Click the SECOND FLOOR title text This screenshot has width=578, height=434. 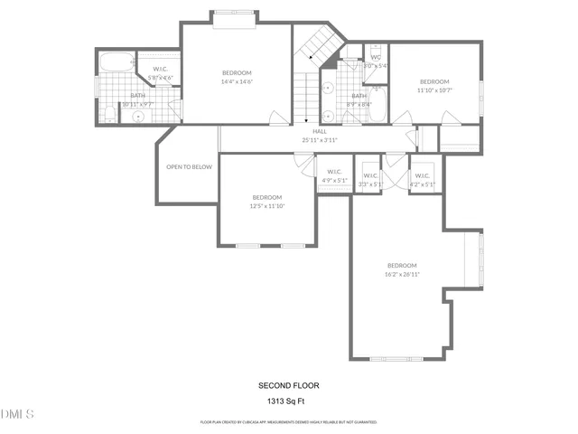[x=289, y=385]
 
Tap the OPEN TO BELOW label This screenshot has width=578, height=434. [x=189, y=167]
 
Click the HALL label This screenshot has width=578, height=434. [x=320, y=132]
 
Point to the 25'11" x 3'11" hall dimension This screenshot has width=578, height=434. [x=320, y=140]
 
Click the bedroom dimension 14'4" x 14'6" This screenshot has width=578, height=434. [x=237, y=81]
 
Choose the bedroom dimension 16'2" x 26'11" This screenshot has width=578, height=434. [x=402, y=274]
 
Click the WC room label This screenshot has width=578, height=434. [x=376, y=57]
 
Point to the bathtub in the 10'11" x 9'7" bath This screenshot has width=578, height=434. [x=116, y=62]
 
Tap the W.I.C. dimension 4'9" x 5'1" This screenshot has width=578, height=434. [x=334, y=180]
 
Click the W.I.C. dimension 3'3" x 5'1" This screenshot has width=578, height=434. [x=370, y=184]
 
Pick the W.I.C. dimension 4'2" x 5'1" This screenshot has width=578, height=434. [x=423, y=184]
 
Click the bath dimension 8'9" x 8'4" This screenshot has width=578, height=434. [x=359, y=104]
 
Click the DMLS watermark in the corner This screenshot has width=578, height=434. [x=17, y=414]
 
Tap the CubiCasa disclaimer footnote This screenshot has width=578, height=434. [x=289, y=421]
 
